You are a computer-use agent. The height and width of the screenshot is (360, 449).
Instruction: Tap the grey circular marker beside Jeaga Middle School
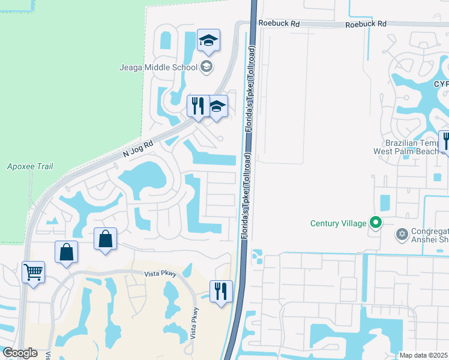point(206,66)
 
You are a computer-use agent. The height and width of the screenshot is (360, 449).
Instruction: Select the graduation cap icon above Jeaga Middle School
point(208,40)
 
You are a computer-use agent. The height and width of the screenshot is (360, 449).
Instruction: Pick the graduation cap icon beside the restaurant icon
point(217,106)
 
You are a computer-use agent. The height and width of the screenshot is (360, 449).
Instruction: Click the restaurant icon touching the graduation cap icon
point(197,106)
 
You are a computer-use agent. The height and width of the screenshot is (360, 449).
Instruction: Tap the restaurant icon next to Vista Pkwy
point(221,292)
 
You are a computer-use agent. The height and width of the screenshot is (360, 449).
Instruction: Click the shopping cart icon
point(34,272)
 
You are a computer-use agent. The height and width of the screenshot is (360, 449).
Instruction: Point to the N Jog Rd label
point(139,149)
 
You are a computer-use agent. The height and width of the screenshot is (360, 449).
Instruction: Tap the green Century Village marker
point(376,223)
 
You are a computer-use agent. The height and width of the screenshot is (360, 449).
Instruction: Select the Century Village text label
point(338,224)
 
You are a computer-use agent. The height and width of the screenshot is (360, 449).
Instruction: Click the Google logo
point(19,353)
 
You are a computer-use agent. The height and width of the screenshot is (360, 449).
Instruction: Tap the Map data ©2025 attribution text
point(424,355)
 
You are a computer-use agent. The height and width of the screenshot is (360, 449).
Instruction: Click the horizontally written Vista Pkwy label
point(161,274)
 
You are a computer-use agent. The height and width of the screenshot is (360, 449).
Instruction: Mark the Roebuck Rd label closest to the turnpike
point(279,23)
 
